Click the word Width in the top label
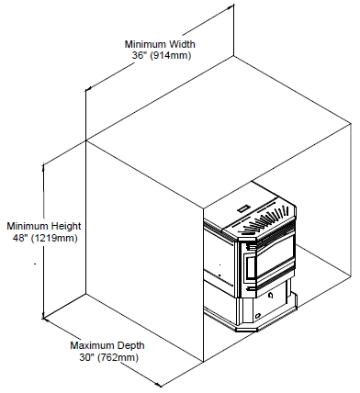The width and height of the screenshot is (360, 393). pos(182,44)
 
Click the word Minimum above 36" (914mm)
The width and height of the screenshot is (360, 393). pos(145,44)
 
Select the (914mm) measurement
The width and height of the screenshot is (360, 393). pos(171,56)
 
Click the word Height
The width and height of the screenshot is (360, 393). pos(66,226)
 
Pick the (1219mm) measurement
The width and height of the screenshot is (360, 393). pos(54,238)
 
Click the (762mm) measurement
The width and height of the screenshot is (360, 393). pos(118,357)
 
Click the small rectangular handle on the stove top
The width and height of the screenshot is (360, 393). pos(244,208)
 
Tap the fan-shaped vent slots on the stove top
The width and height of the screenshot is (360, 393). pos(265,219)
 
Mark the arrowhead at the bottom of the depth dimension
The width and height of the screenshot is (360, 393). pos(157,384)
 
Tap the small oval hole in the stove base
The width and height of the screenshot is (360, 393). pos(258,316)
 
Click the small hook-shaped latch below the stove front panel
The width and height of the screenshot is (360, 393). pos(271,296)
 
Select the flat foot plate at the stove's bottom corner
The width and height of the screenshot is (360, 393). pos(247,330)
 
